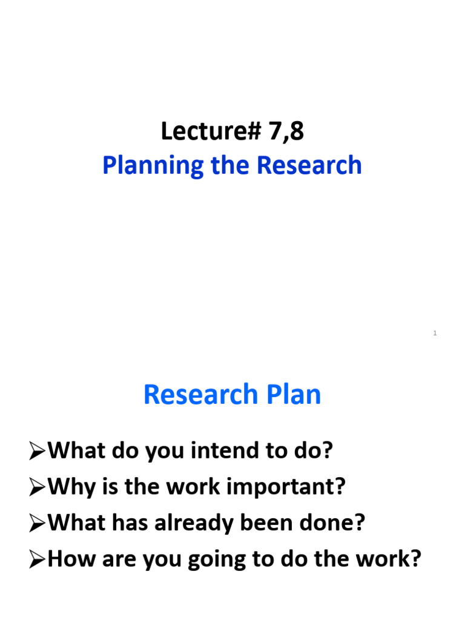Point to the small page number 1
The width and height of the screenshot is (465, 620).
click(435, 334)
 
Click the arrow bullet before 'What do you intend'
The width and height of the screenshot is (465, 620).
click(38, 452)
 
